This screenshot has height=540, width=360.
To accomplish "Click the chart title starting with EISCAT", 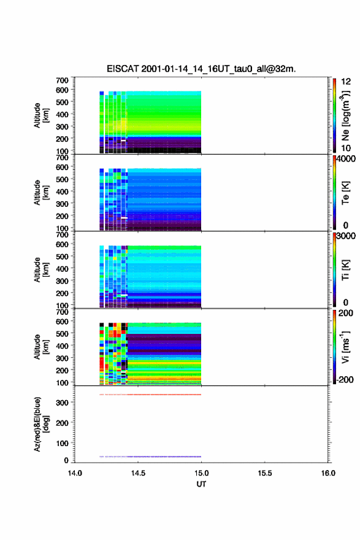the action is [x=201, y=69].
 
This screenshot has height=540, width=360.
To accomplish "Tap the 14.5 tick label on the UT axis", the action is [x=138, y=473].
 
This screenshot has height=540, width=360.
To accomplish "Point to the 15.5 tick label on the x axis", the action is [x=265, y=473].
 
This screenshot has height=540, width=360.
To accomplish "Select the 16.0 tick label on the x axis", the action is [x=328, y=473].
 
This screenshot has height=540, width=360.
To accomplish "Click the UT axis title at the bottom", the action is [x=201, y=484].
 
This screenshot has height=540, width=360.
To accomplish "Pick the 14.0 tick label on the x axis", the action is [x=75, y=473].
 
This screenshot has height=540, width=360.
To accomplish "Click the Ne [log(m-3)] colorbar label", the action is [x=345, y=116].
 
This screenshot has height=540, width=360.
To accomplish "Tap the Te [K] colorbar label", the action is [x=345, y=193].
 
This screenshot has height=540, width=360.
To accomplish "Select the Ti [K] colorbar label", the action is [x=345, y=270].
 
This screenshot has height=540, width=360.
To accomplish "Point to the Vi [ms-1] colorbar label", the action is [x=345, y=347].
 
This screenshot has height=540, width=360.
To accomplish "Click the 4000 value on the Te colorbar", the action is [x=346, y=159].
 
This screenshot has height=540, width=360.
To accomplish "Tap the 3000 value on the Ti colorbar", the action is [x=346, y=236].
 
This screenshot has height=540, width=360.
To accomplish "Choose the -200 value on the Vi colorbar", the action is [x=345, y=379].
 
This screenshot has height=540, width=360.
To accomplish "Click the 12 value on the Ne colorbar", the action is [x=346, y=82].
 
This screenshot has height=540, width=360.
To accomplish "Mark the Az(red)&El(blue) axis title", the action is [x=41, y=424].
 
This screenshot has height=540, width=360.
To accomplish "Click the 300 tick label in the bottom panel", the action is [x=63, y=403].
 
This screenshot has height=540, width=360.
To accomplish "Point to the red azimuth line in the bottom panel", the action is [x=150, y=395].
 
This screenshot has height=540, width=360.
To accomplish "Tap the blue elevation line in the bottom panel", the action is [x=150, y=457].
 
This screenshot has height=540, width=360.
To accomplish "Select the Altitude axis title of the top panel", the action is [x=41, y=115].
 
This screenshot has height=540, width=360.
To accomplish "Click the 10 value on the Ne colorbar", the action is [x=346, y=148].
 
